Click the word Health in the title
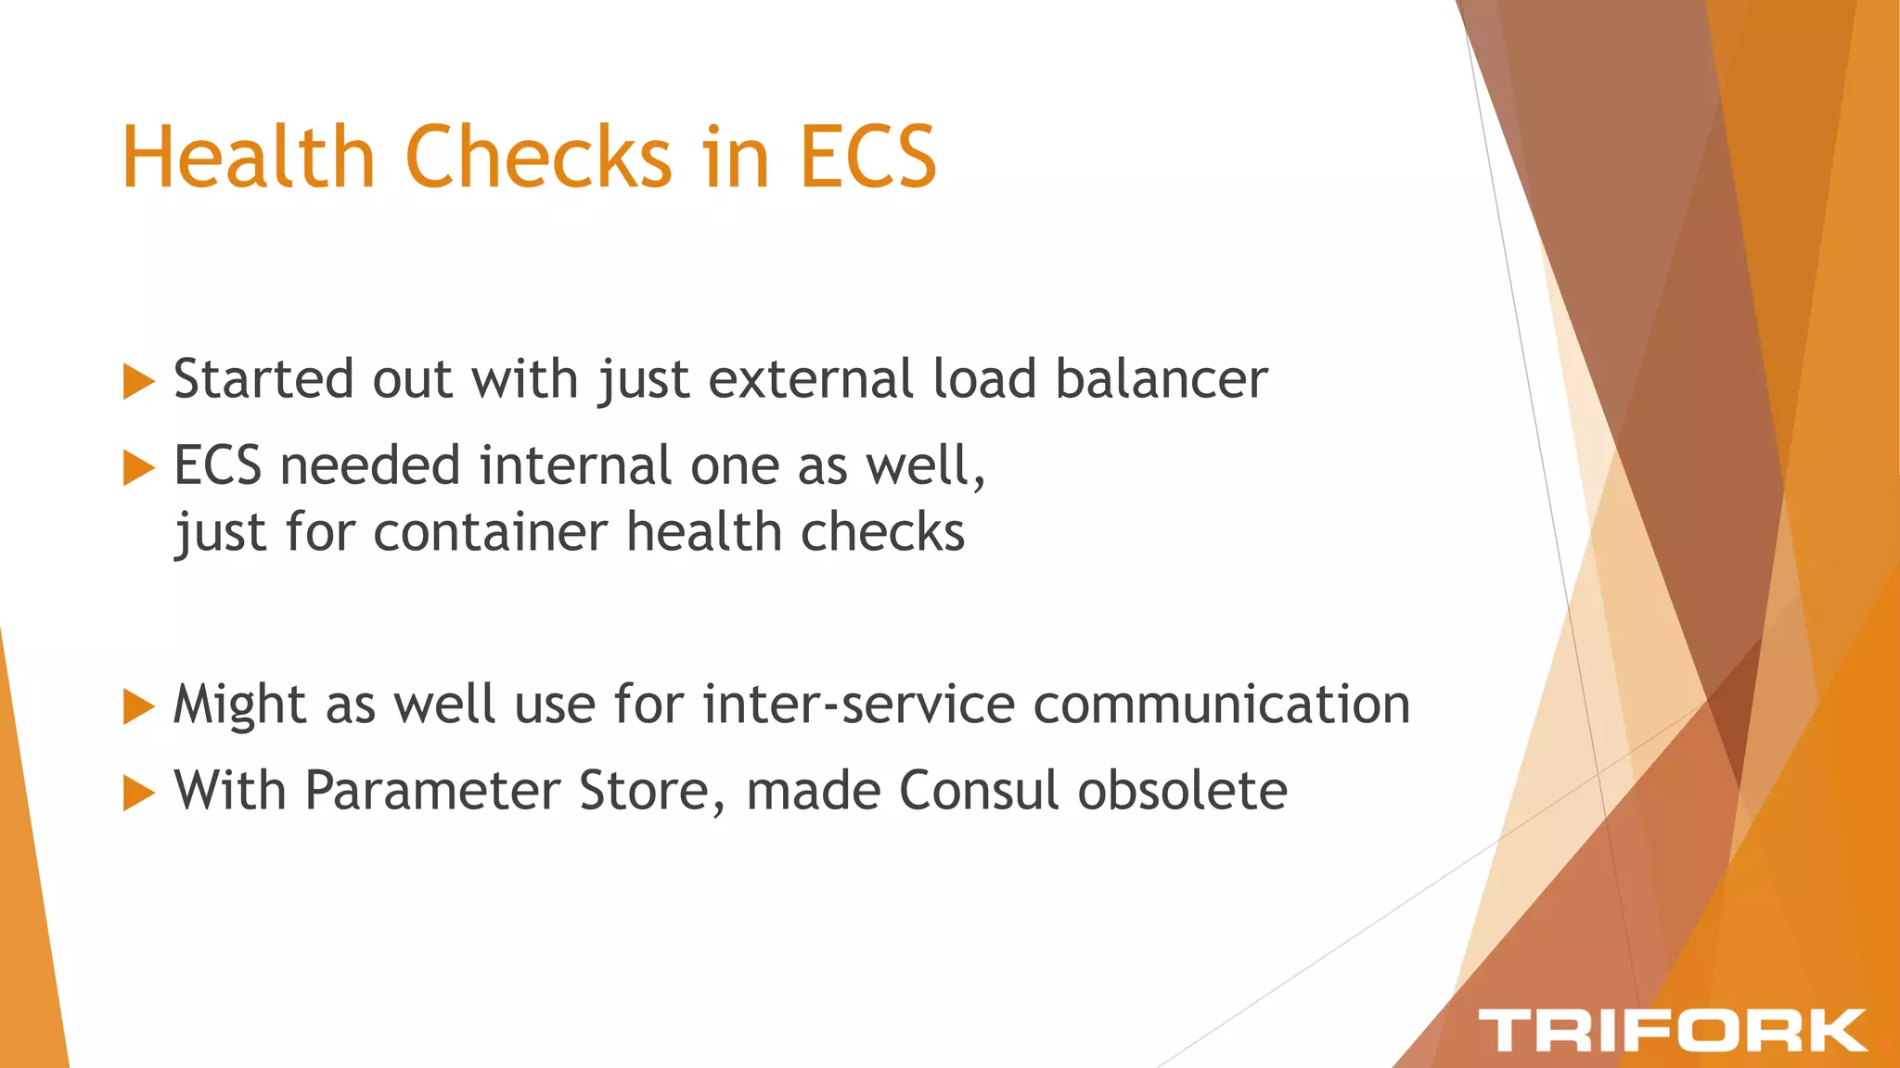click(247, 157)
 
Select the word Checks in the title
click(539, 157)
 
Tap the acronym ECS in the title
click(867, 157)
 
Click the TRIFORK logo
click(1672, 1030)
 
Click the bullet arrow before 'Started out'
click(138, 381)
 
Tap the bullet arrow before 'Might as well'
click(138, 706)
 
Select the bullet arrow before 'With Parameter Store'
click(138, 793)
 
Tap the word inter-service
click(859, 705)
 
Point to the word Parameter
click(432, 791)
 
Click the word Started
click(263, 379)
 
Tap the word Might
click(239, 705)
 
